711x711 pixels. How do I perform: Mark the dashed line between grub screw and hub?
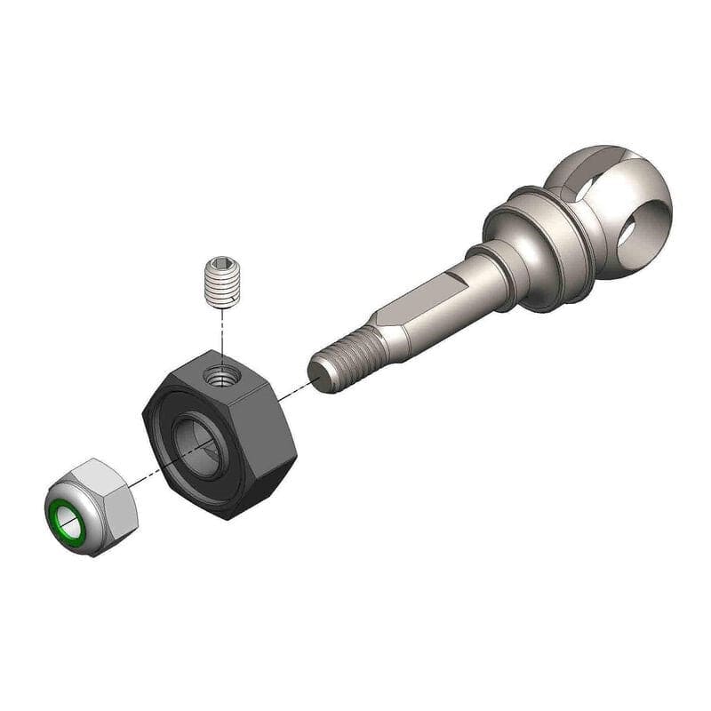pos(220,333)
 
